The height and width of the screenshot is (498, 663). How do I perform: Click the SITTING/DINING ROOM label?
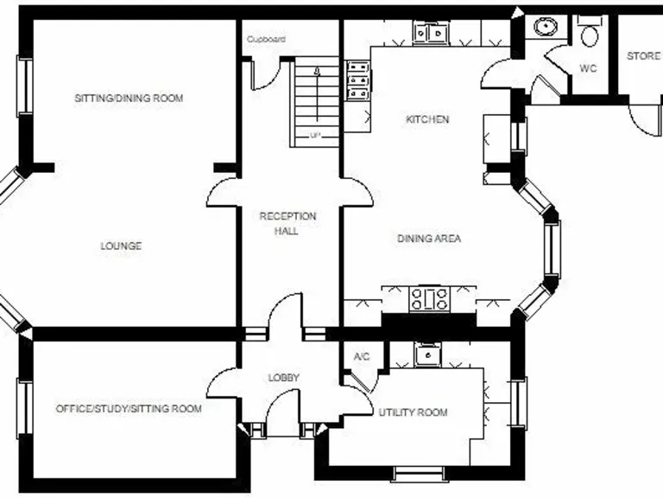pos(129,99)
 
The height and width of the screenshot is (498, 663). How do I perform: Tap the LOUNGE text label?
pos(121,246)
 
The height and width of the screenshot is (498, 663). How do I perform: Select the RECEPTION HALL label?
pos(288,223)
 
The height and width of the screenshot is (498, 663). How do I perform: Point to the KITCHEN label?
pos(427,119)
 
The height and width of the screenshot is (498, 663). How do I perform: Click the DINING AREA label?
pos(428,238)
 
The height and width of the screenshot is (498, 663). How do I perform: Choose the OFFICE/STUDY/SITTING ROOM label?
pos(129,408)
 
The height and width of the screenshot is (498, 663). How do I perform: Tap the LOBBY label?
pos(283,378)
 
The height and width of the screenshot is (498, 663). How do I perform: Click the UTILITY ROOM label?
pos(414,412)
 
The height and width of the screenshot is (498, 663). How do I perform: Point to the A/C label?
pos(362,356)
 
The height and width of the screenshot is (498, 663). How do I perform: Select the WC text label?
pos(588,68)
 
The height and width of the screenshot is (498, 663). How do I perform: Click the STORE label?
pos(643,56)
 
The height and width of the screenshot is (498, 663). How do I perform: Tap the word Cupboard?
pos(266,39)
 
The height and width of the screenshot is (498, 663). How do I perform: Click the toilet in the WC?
pos(590,34)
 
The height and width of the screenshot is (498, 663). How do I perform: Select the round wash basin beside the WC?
pos(545,27)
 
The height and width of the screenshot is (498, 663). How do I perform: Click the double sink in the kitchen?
pos(431,34)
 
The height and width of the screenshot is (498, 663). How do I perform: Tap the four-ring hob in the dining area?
pos(429,300)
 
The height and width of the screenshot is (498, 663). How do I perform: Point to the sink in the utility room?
pos(426,354)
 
